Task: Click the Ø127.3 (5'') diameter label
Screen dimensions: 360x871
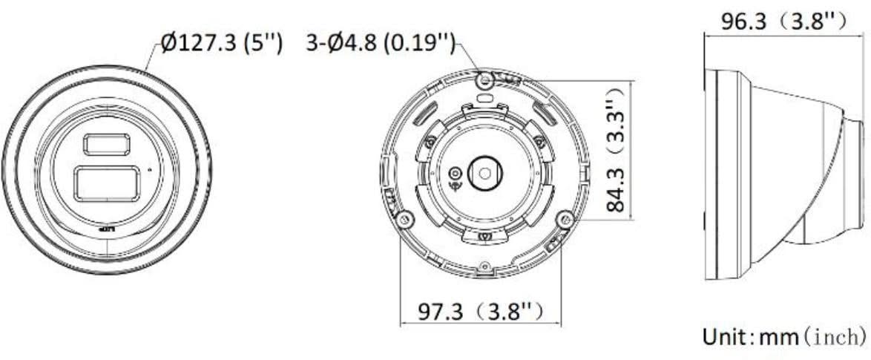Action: pyautogui.click(x=221, y=44)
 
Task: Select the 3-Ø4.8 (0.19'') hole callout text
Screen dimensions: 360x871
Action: pyautogui.click(x=380, y=44)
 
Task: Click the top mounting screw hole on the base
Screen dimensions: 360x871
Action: pyautogui.click(x=485, y=77)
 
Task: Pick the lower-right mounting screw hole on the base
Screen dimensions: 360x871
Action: pyautogui.click(x=565, y=219)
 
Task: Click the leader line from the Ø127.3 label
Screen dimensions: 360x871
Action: pyautogui.click(x=153, y=59)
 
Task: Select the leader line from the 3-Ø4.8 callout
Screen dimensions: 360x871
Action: pyautogui.click(x=472, y=58)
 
